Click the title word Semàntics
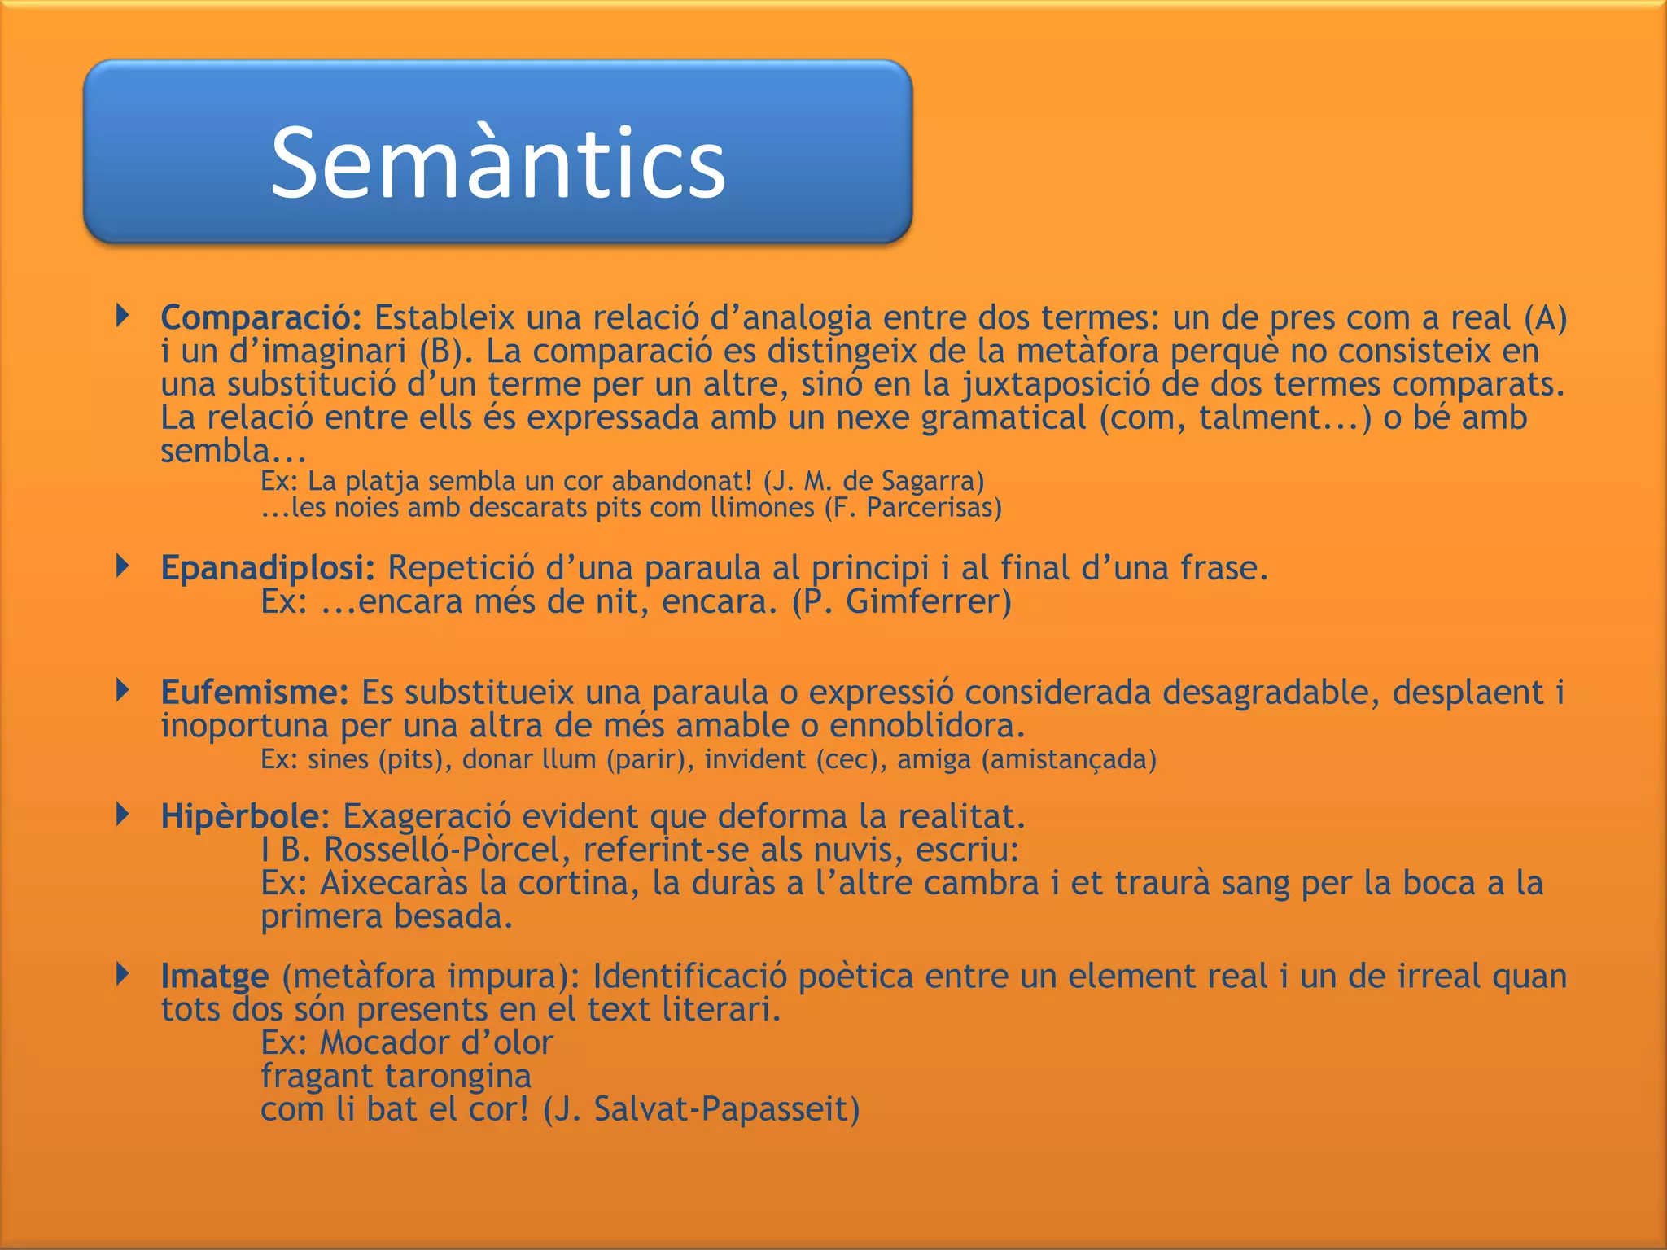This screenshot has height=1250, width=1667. pos(497,163)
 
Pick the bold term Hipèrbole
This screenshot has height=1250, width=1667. pos(240,816)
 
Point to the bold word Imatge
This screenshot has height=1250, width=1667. pos(215,976)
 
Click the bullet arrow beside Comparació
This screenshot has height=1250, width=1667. pos(123,315)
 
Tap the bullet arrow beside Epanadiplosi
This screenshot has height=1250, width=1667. pos(123,566)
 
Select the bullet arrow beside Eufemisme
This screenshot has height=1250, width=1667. pos(123,690)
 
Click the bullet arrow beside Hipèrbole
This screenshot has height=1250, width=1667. pos(123,814)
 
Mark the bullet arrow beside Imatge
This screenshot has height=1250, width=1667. pos(123,973)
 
